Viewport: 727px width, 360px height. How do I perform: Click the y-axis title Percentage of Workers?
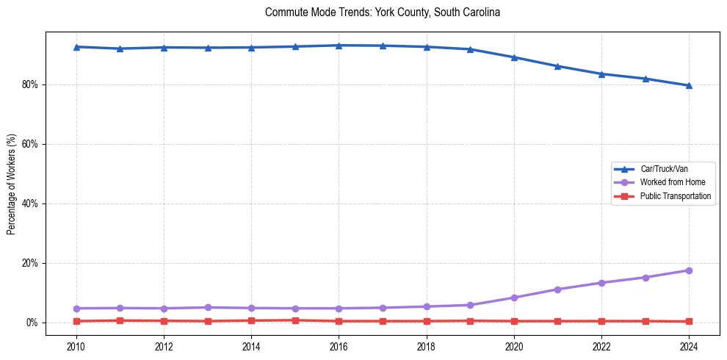[12, 184]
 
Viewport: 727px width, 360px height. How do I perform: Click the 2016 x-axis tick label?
[339, 346]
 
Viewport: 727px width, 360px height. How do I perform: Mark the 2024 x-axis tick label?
[689, 346]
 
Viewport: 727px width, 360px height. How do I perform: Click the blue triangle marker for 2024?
[689, 85]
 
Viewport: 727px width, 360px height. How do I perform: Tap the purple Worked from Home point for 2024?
[689, 270]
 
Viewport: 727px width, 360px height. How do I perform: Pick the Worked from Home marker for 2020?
[514, 298]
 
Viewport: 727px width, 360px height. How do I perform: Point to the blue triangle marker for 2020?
[514, 57]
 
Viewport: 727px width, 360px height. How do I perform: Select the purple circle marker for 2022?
[601, 283]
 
